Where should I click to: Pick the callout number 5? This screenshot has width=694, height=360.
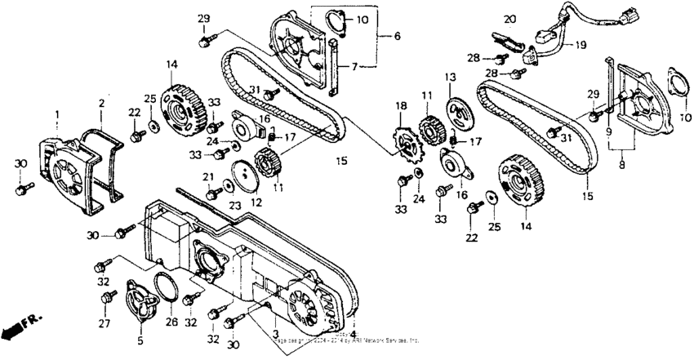(x=397, y=36)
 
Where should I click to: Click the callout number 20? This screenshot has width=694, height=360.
(x=510, y=20)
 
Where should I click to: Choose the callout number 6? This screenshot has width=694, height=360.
(x=397, y=36)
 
